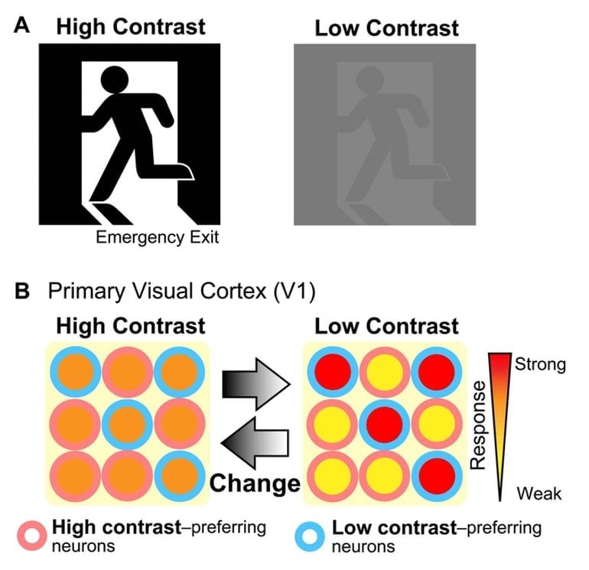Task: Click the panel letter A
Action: [x=21, y=25]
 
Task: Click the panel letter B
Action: [x=22, y=291]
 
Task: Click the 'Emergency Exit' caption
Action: [x=158, y=237]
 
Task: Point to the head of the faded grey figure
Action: [x=369, y=80]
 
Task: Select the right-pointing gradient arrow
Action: [x=256, y=384]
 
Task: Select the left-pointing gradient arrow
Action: [x=255, y=443]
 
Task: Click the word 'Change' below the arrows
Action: [x=255, y=483]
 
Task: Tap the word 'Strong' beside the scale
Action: [x=540, y=364]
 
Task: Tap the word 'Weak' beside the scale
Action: [x=539, y=493]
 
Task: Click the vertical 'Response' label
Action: [x=478, y=425]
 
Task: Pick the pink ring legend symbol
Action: [x=32, y=536]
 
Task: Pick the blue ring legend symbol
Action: [x=310, y=536]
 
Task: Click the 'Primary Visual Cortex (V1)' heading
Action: [x=182, y=292]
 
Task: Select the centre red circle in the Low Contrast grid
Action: [x=385, y=425]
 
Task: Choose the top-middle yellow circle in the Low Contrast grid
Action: [x=385, y=373]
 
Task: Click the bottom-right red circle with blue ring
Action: [x=437, y=476]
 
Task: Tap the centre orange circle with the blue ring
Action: [x=128, y=425]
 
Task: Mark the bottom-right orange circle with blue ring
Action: [x=180, y=476]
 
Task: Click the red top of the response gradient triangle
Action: [x=500, y=361]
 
